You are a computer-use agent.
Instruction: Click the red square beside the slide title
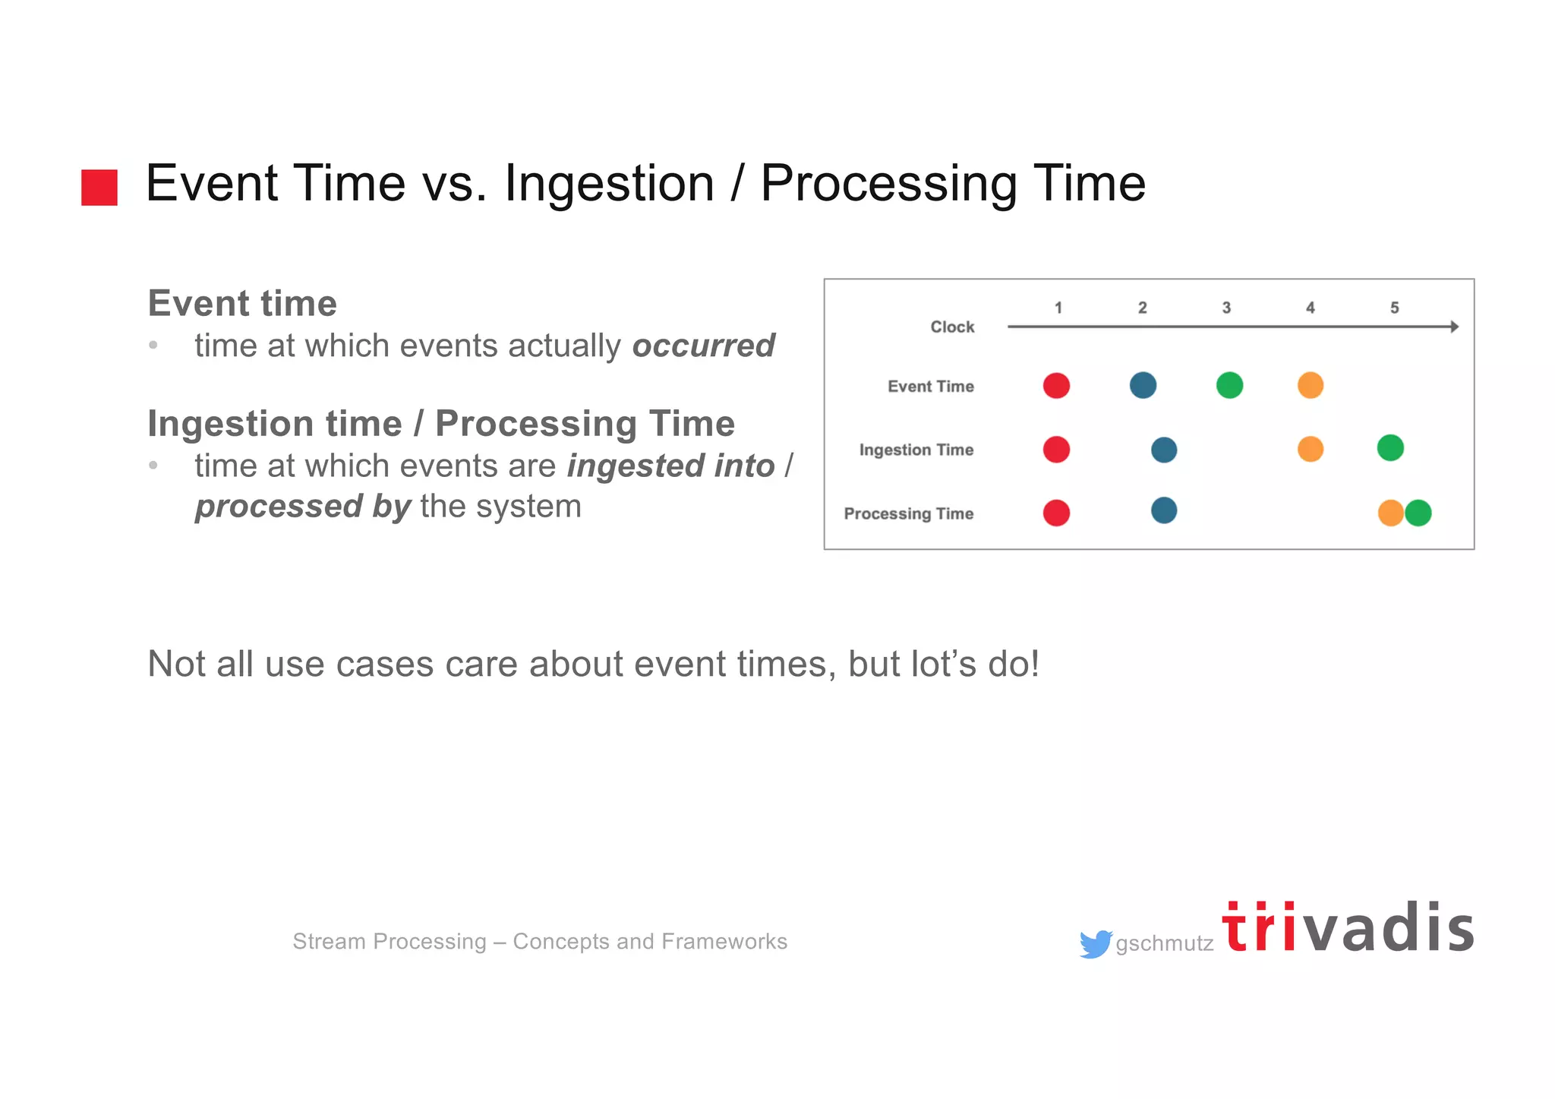99,187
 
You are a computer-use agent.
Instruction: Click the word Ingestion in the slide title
609,184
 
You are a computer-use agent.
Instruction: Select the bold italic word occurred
703,346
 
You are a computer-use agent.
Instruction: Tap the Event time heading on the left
242,303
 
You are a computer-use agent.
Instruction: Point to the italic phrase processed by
303,507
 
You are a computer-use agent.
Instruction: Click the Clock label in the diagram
952,327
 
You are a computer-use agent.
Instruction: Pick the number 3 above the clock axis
1226,308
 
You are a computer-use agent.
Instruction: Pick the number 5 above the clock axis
1394,308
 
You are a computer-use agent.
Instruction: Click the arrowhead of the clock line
1453,327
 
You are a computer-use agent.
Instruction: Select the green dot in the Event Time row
1229,385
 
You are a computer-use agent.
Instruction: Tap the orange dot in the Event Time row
1311,385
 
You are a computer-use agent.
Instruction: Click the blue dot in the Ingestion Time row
1164,450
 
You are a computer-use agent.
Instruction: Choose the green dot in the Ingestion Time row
1390,447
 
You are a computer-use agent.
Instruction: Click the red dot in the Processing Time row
1056,513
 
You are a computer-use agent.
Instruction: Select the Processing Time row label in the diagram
908,513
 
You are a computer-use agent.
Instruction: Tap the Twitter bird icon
1095,944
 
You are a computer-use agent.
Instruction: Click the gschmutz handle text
1164,944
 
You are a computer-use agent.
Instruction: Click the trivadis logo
1348,928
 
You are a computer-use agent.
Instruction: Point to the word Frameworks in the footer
724,942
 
